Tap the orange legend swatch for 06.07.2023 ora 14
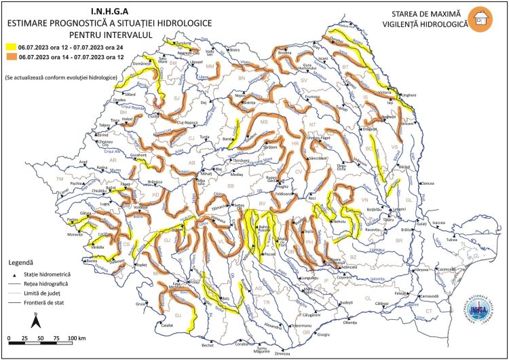[12, 58]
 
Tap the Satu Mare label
[162, 60]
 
